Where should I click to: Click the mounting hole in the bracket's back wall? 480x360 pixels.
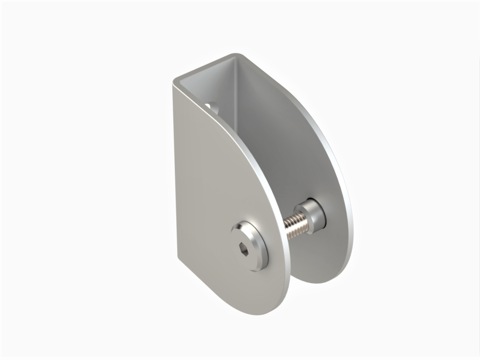click(x=212, y=106)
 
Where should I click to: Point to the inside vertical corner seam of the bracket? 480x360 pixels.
click(x=234, y=94)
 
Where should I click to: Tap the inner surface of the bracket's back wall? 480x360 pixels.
click(x=220, y=89)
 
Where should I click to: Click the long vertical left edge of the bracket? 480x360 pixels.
click(x=174, y=169)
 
